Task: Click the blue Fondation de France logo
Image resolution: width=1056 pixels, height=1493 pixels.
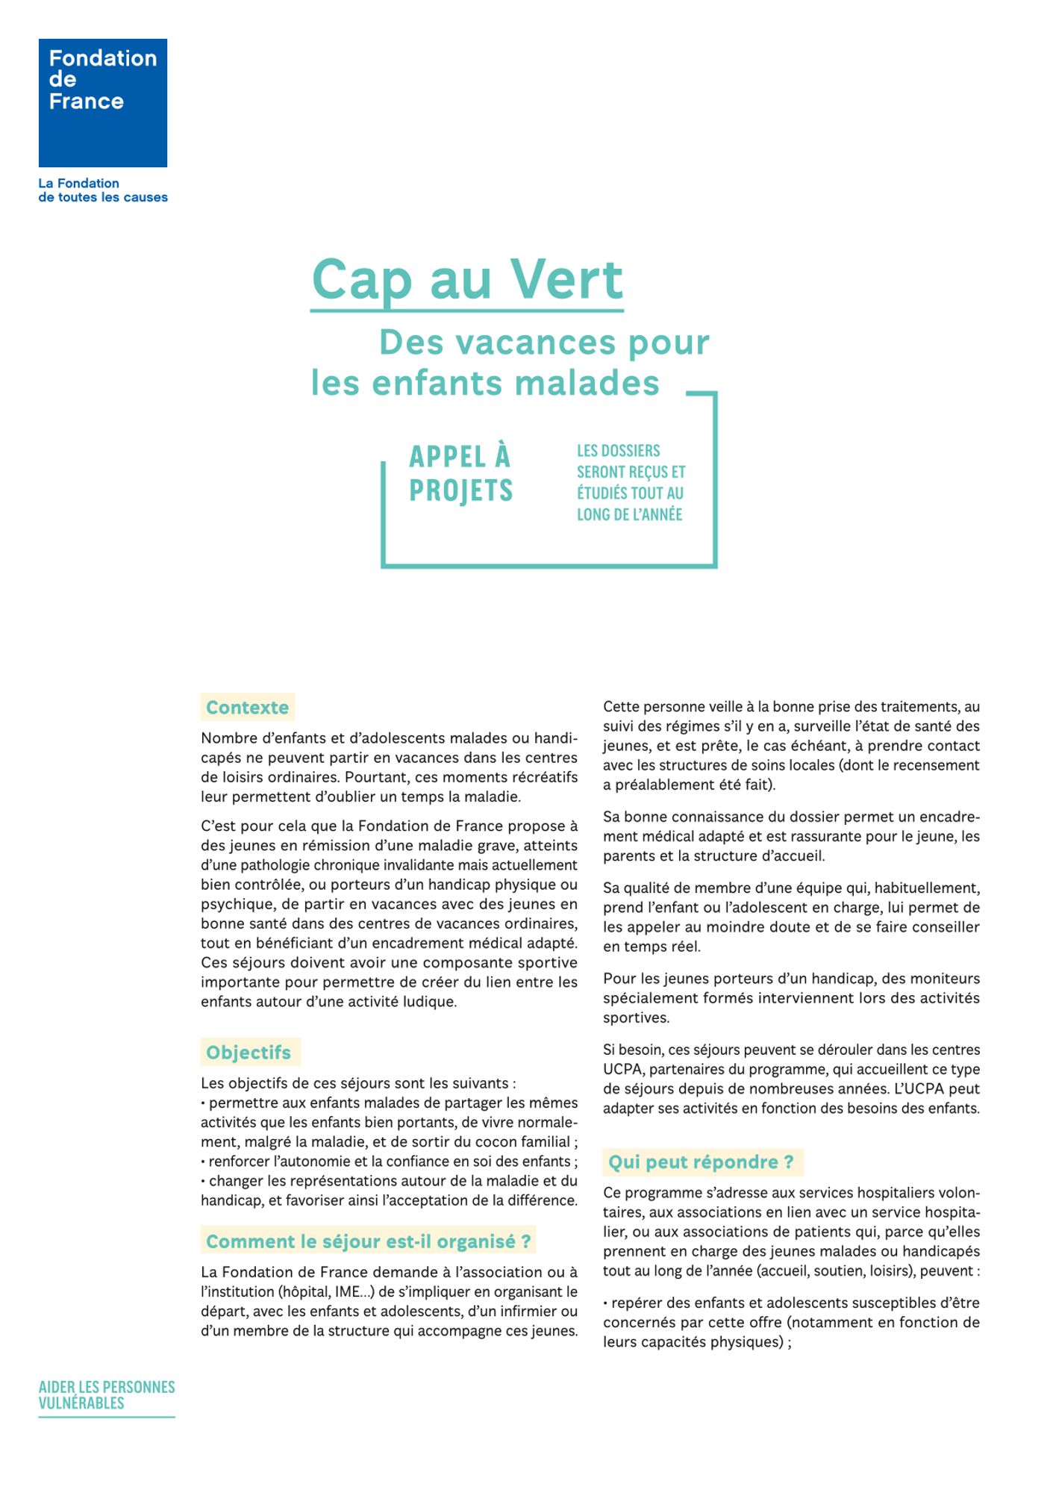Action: pos(103,103)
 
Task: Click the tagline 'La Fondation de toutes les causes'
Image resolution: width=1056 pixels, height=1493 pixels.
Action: pos(103,190)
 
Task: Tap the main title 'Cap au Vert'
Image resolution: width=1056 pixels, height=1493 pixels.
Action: pos(467,279)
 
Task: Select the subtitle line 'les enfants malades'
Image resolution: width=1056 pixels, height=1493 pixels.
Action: pos(485,383)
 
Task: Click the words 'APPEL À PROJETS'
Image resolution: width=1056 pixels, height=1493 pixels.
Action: pos(460,473)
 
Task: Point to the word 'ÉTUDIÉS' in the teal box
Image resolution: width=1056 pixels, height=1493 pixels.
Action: pos(602,493)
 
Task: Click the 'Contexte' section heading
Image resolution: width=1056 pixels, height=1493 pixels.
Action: pos(247,708)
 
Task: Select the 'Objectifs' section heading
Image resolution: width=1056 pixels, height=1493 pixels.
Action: pos(249,1053)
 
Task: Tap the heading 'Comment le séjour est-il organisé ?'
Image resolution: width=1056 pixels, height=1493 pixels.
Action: pos(369,1241)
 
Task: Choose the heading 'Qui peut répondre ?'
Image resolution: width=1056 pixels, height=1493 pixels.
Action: pos(702,1162)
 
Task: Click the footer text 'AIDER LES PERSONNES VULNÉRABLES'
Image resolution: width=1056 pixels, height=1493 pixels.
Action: pos(107,1395)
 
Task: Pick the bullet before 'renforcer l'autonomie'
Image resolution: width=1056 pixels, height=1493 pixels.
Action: pos(203,1162)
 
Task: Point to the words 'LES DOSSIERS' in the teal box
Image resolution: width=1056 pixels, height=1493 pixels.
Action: pos(618,451)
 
